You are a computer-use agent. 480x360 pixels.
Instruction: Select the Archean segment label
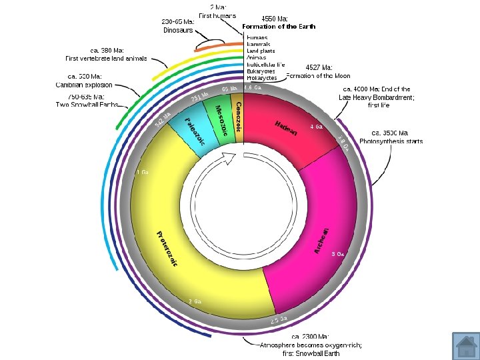322,241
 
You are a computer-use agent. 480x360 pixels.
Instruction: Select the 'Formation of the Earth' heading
279,27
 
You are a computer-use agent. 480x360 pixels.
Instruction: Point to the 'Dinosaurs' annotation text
178,30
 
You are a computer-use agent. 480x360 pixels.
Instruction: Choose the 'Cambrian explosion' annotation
84,85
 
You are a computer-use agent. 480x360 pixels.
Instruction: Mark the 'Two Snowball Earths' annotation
87,105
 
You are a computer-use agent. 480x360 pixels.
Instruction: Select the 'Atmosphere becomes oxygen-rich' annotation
311,345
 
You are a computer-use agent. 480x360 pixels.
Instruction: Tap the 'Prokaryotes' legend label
261,78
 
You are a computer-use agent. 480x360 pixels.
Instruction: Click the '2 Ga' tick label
195,301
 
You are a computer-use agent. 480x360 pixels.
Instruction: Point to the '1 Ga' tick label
142,172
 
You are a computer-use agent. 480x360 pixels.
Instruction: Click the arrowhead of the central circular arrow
230,158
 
